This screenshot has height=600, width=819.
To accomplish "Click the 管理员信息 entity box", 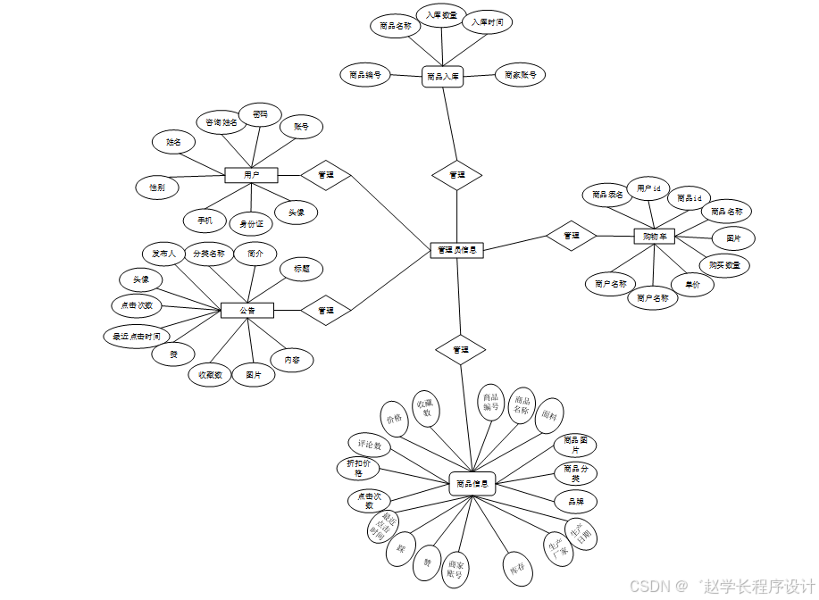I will pos(457,251).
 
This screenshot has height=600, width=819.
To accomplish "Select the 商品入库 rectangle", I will pos(442,77).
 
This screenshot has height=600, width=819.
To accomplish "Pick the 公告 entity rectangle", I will pos(247,310).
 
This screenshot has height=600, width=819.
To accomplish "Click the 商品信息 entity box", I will pos(471,484).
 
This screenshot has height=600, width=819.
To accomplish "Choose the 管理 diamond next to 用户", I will pos(325,175).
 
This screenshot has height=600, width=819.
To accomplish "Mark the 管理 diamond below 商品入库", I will pos(456,175).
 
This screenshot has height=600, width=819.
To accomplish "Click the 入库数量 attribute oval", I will pos(441,15).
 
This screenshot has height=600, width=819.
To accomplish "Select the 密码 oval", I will pos(260,114).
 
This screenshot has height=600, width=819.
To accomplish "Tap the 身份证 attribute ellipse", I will pos(251,223).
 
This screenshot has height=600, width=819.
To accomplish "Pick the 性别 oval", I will pos(157,187).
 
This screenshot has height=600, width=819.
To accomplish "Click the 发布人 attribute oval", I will pos(163,254).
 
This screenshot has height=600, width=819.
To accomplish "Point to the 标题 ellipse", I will pos(301,268).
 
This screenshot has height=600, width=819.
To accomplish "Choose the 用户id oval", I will pos(648,188).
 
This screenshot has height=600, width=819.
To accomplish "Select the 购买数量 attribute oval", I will pos(724,265).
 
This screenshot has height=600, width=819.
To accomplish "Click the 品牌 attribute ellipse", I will pos(575,501).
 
